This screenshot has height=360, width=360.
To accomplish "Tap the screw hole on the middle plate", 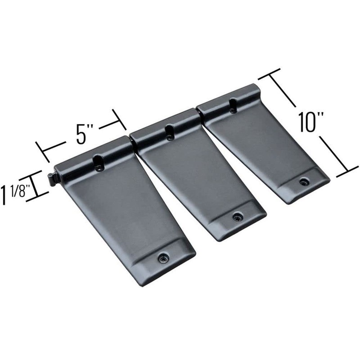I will [x=236, y=217].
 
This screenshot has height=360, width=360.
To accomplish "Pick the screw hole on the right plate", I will [x=304, y=182].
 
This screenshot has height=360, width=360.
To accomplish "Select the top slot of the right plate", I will [x=232, y=105].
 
